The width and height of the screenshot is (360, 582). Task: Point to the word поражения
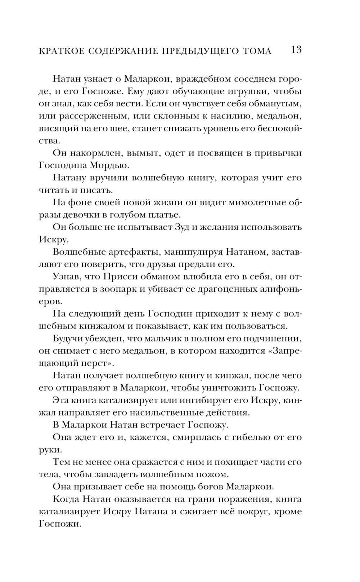point(238,499)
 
